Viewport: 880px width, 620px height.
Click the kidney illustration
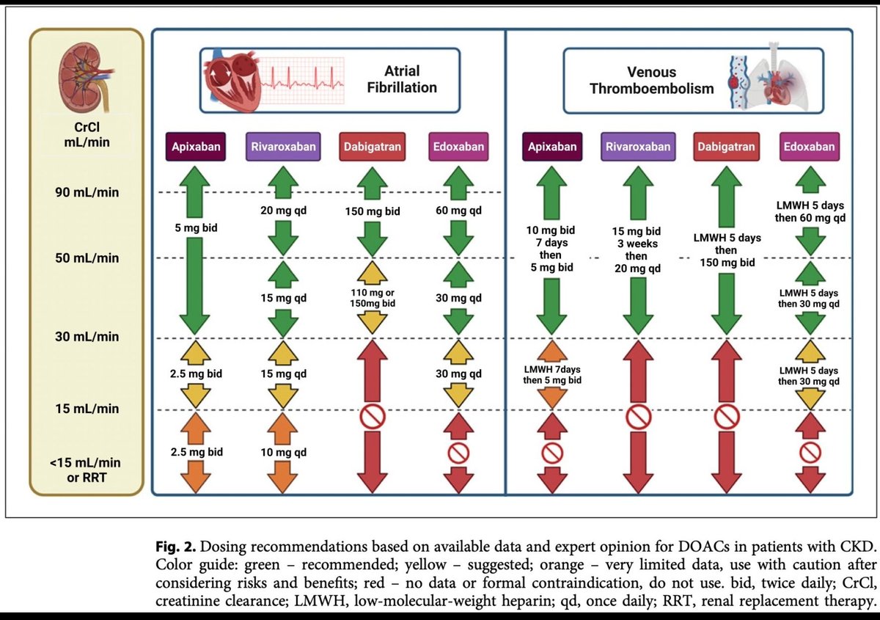(x=86, y=77)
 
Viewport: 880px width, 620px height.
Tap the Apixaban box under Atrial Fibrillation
(x=196, y=147)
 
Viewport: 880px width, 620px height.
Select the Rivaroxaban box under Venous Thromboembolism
(x=638, y=147)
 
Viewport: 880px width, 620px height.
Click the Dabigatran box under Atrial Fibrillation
(x=372, y=147)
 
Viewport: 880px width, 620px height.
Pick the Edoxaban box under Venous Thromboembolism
(x=810, y=147)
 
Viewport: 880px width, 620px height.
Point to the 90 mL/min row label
(x=87, y=192)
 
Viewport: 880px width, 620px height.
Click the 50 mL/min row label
(x=87, y=258)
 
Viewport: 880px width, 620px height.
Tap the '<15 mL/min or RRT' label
(x=86, y=470)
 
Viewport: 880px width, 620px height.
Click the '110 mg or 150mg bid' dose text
(x=373, y=298)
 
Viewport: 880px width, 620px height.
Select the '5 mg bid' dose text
(x=196, y=227)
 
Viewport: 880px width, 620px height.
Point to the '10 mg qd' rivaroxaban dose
(x=283, y=452)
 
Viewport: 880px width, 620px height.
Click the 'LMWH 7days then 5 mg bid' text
(x=552, y=375)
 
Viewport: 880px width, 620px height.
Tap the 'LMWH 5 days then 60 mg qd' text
(x=810, y=211)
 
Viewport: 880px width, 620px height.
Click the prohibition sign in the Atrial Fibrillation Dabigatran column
(x=373, y=417)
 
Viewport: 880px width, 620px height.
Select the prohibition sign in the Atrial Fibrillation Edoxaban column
(x=458, y=453)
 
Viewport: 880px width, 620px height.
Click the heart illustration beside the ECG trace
(x=232, y=80)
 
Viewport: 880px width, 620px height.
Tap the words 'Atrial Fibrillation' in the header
(x=402, y=79)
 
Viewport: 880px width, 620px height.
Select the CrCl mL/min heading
(x=87, y=134)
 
